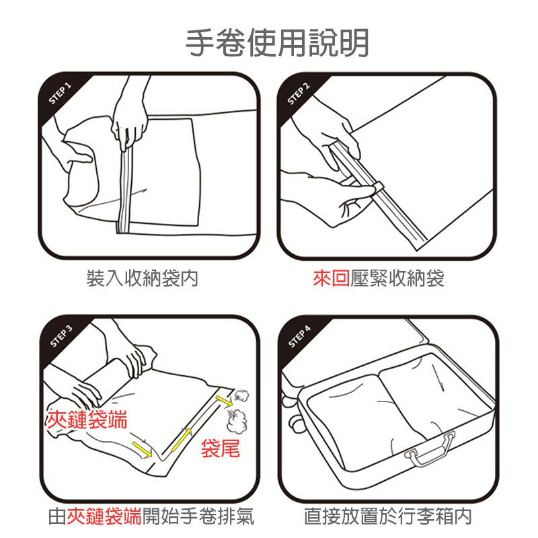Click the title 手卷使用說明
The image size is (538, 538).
tap(277, 42)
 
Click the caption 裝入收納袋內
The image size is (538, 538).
tap(143, 278)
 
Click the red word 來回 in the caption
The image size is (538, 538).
tap(331, 278)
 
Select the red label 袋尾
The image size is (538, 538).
tap(220, 449)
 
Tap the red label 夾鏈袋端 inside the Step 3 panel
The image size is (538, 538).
tap(86, 420)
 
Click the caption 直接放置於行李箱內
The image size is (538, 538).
tap(387, 516)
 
